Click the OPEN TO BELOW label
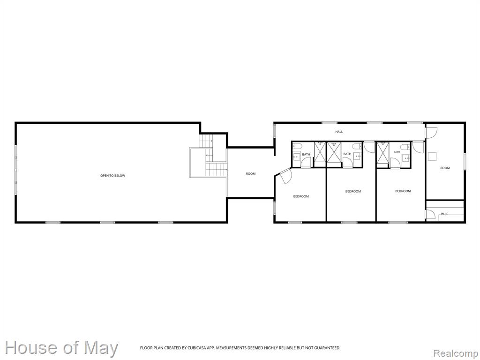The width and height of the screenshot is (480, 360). pyautogui.click(x=112, y=176)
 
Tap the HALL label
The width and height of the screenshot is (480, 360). pyautogui.click(x=339, y=132)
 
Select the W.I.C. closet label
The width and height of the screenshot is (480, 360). pyautogui.click(x=445, y=214)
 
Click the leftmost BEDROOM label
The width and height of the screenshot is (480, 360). pyautogui.click(x=301, y=196)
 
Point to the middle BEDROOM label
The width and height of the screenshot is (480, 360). pyautogui.click(x=353, y=191)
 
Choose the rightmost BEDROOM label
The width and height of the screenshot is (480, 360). pyautogui.click(x=403, y=191)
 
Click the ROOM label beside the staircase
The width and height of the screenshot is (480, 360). pyautogui.click(x=251, y=174)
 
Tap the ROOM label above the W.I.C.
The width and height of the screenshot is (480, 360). pyautogui.click(x=445, y=168)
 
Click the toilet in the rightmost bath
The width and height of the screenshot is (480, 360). pyautogui.click(x=405, y=147)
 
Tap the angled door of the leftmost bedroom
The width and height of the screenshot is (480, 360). pyautogui.click(x=285, y=176)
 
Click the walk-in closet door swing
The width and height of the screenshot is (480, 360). pyautogui.click(x=431, y=214)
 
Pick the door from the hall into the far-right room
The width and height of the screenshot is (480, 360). pyautogui.click(x=432, y=132)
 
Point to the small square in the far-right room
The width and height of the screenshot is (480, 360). pyautogui.click(x=432, y=157)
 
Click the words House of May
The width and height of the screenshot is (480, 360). pyautogui.click(x=61, y=348)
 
